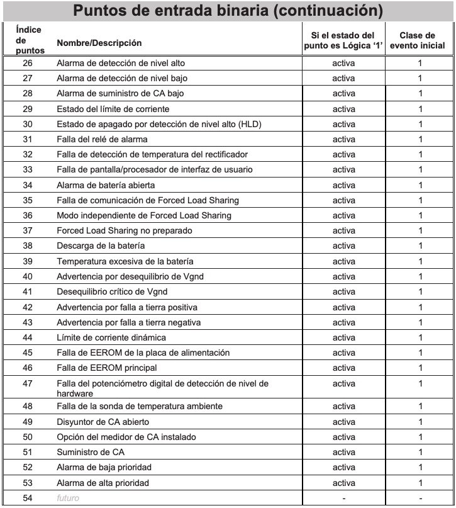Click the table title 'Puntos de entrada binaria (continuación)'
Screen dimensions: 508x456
(228, 11)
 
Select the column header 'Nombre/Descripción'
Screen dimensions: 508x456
(99, 43)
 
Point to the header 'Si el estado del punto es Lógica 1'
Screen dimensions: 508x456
(343, 40)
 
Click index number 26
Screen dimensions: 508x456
(28, 63)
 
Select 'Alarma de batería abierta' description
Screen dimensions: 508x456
(106, 185)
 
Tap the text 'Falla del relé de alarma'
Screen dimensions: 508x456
(102, 139)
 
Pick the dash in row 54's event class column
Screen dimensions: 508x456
(421, 499)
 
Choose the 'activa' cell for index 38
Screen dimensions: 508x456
(343, 246)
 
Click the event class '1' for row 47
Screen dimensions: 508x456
(421, 383)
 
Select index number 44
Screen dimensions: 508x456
(28, 337)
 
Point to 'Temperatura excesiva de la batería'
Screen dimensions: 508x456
(125, 261)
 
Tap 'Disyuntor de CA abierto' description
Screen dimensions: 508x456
(103, 422)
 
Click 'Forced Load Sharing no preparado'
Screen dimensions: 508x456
(124, 230)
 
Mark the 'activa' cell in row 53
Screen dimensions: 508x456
(343, 483)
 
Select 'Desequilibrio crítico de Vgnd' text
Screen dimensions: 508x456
(112, 291)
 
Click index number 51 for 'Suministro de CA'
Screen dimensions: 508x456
(28, 452)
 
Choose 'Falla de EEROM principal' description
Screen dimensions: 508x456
(106, 368)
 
